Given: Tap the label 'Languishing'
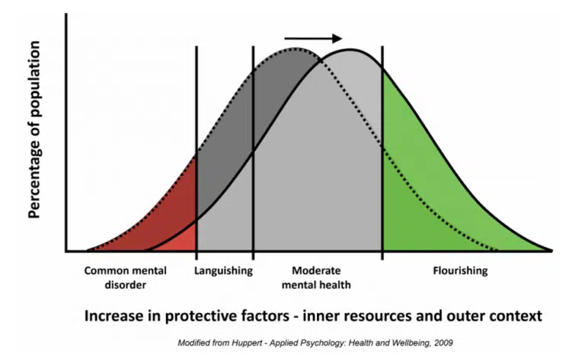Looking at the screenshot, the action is pyautogui.click(x=223, y=271).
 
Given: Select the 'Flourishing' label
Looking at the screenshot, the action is pyautogui.click(x=460, y=270).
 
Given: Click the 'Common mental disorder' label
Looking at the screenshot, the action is pyautogui.click(x=126, y=278).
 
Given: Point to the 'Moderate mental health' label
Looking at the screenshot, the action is pyautogui.click(x=316, y=278).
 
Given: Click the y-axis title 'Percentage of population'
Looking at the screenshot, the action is pyautogui.click(x=34, y=129).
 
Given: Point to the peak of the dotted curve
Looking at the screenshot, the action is pyautogui.click(x=295, y=48).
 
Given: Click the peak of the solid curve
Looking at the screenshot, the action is pyautogui.click(x=350, y=49).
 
